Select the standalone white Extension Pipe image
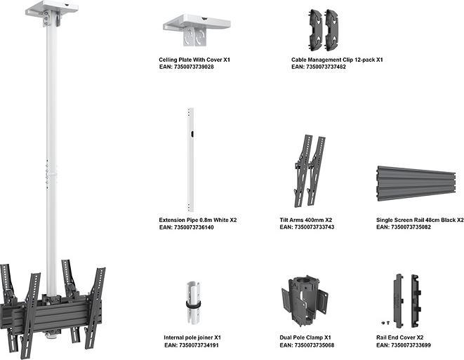(190, 160)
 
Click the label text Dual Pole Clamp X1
(305, 338)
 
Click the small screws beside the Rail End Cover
(383, 323)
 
